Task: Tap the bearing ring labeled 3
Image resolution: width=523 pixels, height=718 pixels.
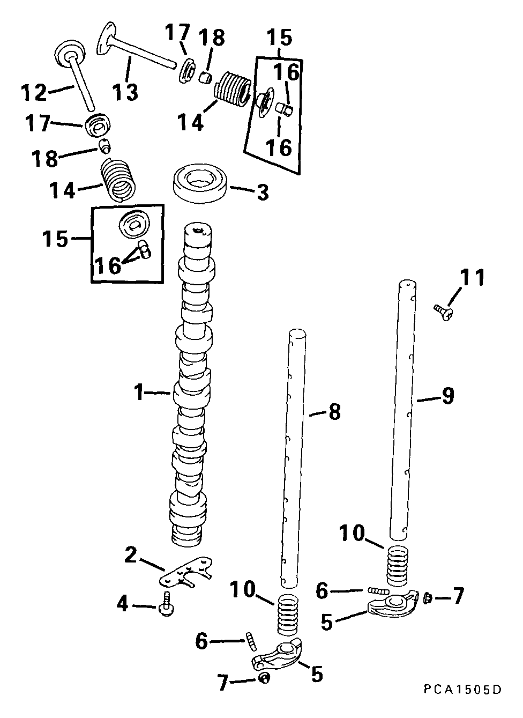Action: click(200, 184)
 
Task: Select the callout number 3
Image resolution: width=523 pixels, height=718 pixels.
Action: click(263, 193)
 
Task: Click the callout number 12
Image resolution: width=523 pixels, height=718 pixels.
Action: click(35, 92)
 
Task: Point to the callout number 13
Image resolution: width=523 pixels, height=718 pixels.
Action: click(125, 91)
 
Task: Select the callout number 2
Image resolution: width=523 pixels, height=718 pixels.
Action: click(130, 555)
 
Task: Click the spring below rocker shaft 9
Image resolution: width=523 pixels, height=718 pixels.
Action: click(398, 565)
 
